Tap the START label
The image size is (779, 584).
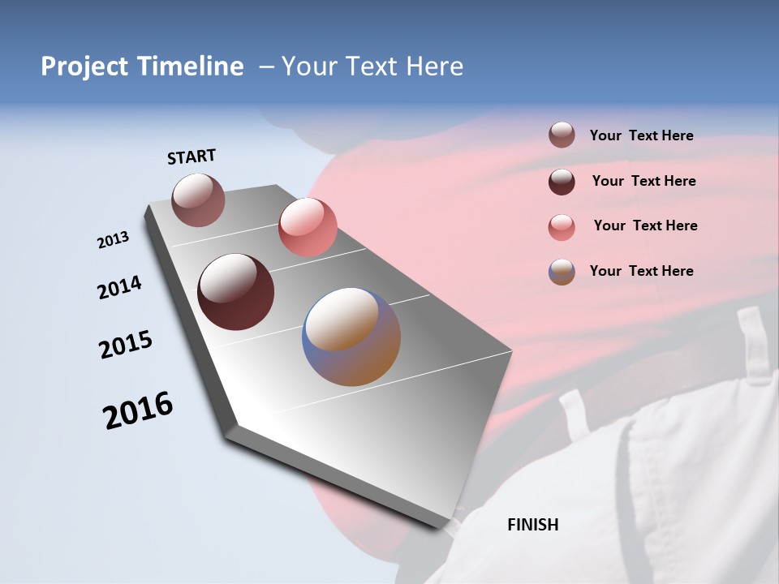point(192,157)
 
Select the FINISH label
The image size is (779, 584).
point(533,525)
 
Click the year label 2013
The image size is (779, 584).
point(114,240)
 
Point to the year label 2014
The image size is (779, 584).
point(119,287)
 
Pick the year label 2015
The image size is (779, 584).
point(126,344)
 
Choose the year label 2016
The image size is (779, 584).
point(138,410)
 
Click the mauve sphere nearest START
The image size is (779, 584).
point(199,200)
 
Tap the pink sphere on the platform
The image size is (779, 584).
point(308,227)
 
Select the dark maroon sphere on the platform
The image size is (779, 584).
point(236,292)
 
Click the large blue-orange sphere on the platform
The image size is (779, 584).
point(351,337)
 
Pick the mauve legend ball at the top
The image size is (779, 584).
point(562,135)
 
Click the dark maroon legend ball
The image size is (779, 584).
point(562,182)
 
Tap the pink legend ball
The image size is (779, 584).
point(562,227)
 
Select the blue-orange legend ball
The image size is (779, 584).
point(562,272)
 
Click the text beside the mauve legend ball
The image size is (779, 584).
point(641,135)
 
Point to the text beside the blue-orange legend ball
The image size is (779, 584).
point(641,271)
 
